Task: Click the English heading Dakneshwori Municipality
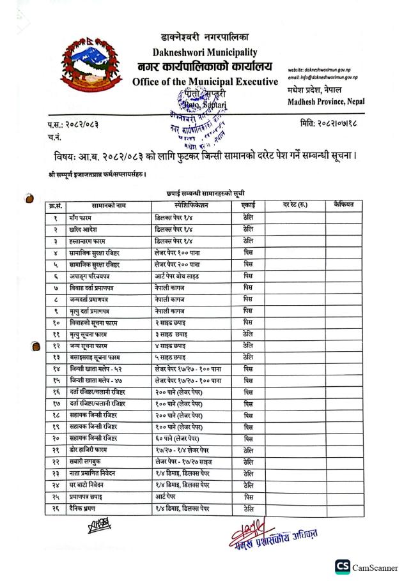(205, 52)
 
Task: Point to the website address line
(322, 69)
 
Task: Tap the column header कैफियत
(347, 205)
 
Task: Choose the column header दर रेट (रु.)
(293, 206)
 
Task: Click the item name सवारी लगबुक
(87, 462)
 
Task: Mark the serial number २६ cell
(56, 508)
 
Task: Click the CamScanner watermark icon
(343, 566)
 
